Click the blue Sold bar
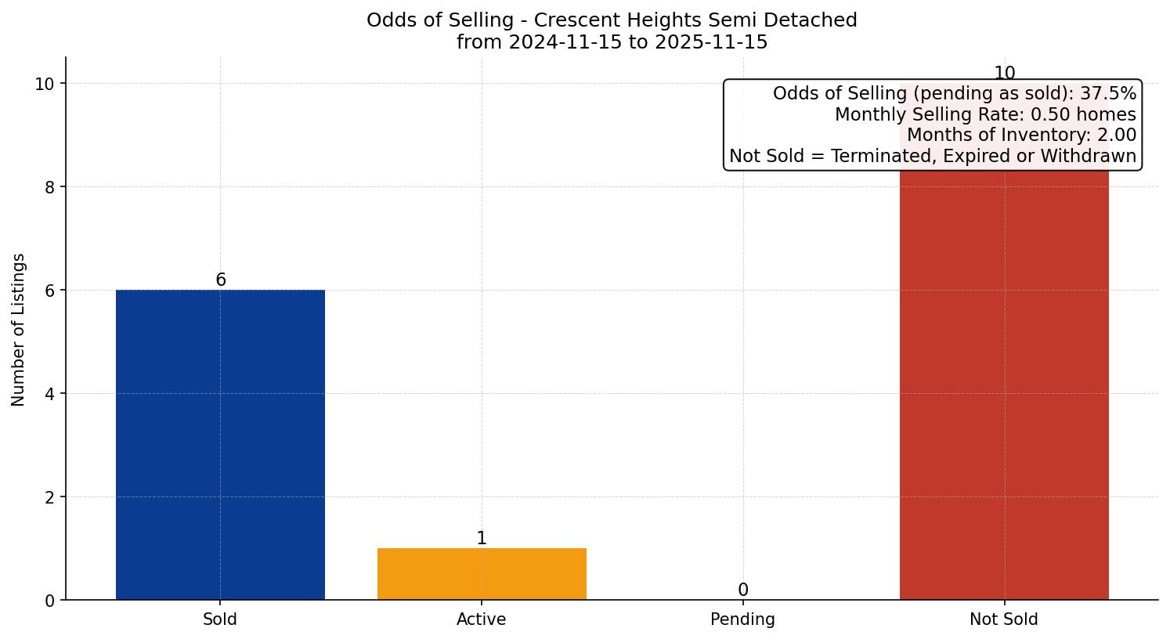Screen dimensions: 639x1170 coord(220,445)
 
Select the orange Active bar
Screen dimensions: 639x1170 coord(482,574)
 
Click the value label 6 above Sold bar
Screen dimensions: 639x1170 coord(221,280)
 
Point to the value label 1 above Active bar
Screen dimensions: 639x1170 coord(482,539)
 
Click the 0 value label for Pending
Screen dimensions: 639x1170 coord(742,590)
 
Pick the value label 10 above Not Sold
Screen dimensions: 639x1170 coord(1004,74)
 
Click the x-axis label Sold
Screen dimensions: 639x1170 coord(220,619)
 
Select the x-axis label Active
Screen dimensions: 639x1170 coord(482,619)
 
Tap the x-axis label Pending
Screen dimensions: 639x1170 coord(742,619)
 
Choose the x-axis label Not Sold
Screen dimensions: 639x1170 coord(1004,619)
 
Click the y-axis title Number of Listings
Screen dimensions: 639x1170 coord(19,329)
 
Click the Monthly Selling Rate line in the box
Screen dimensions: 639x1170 coord(984,115)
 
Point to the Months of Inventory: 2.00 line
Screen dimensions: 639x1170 coord(1020,135)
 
